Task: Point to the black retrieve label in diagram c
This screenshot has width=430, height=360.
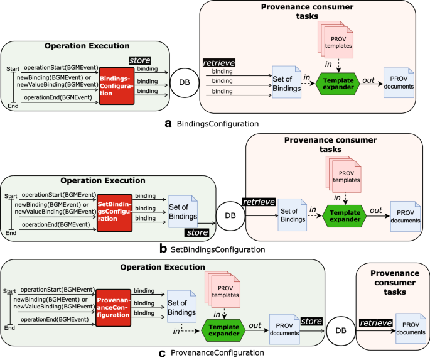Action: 376,322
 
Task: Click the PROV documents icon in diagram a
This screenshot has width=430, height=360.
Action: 399,82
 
